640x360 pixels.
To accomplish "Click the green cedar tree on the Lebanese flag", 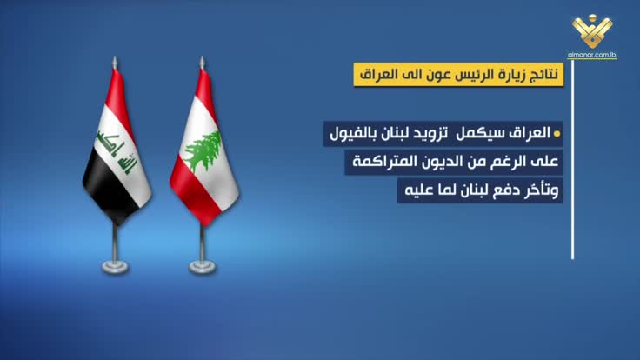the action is pyautogui.click(x=203, y=151).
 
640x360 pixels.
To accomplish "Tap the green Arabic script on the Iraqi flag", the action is pyautogui.click(x=117, y=151).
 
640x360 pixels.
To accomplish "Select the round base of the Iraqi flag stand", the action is pyautogui.click(x=115, y=267).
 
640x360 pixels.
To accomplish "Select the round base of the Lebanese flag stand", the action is pyautogui.click(x=203, y=267).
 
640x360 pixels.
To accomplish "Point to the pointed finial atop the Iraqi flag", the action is pyautogui.click(x=115, y=63).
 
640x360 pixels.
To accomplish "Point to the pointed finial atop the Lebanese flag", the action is pyautogui.click(x=202, y=63).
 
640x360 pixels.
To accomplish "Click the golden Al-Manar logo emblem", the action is pyautogui.click(x=592, y=30).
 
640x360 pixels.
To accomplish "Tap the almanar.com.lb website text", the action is pyautogui.click(x=592, y=55).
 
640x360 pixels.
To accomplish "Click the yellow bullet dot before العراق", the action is pyautogui.click(x=557, y=134).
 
